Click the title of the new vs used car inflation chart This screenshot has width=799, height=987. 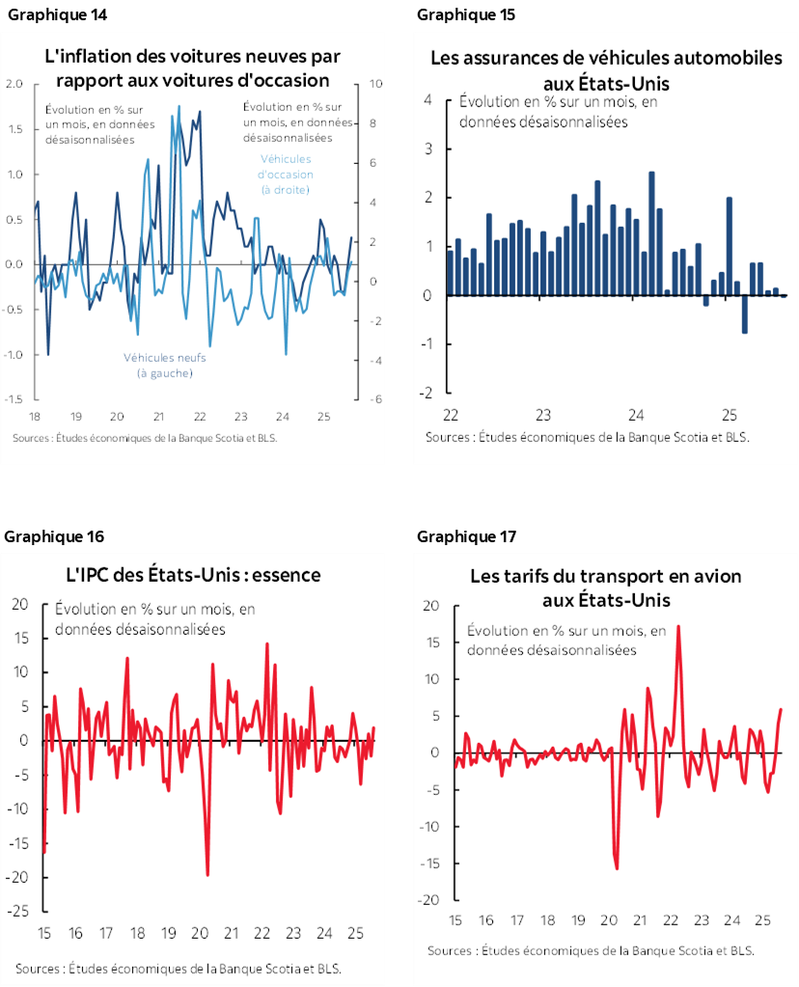click(x=192, y=67)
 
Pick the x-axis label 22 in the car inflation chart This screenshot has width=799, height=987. click(x=199, y=417)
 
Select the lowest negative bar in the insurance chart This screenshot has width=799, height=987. click(x=745, y=314)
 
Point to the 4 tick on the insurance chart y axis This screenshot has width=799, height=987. click(x=426, y=100)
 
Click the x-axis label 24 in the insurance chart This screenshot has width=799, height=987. click(x=636, y=415)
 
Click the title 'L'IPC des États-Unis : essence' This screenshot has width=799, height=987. click(x=192, y=575)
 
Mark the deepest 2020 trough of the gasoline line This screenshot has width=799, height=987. click(x=207, y=874)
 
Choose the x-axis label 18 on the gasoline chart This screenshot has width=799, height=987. click(x=137, y=934)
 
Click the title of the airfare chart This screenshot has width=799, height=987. click(x=606, y=589)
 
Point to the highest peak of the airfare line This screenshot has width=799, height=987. click(x=678, y=626)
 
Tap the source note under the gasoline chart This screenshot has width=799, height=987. click(x=178, y=969)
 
